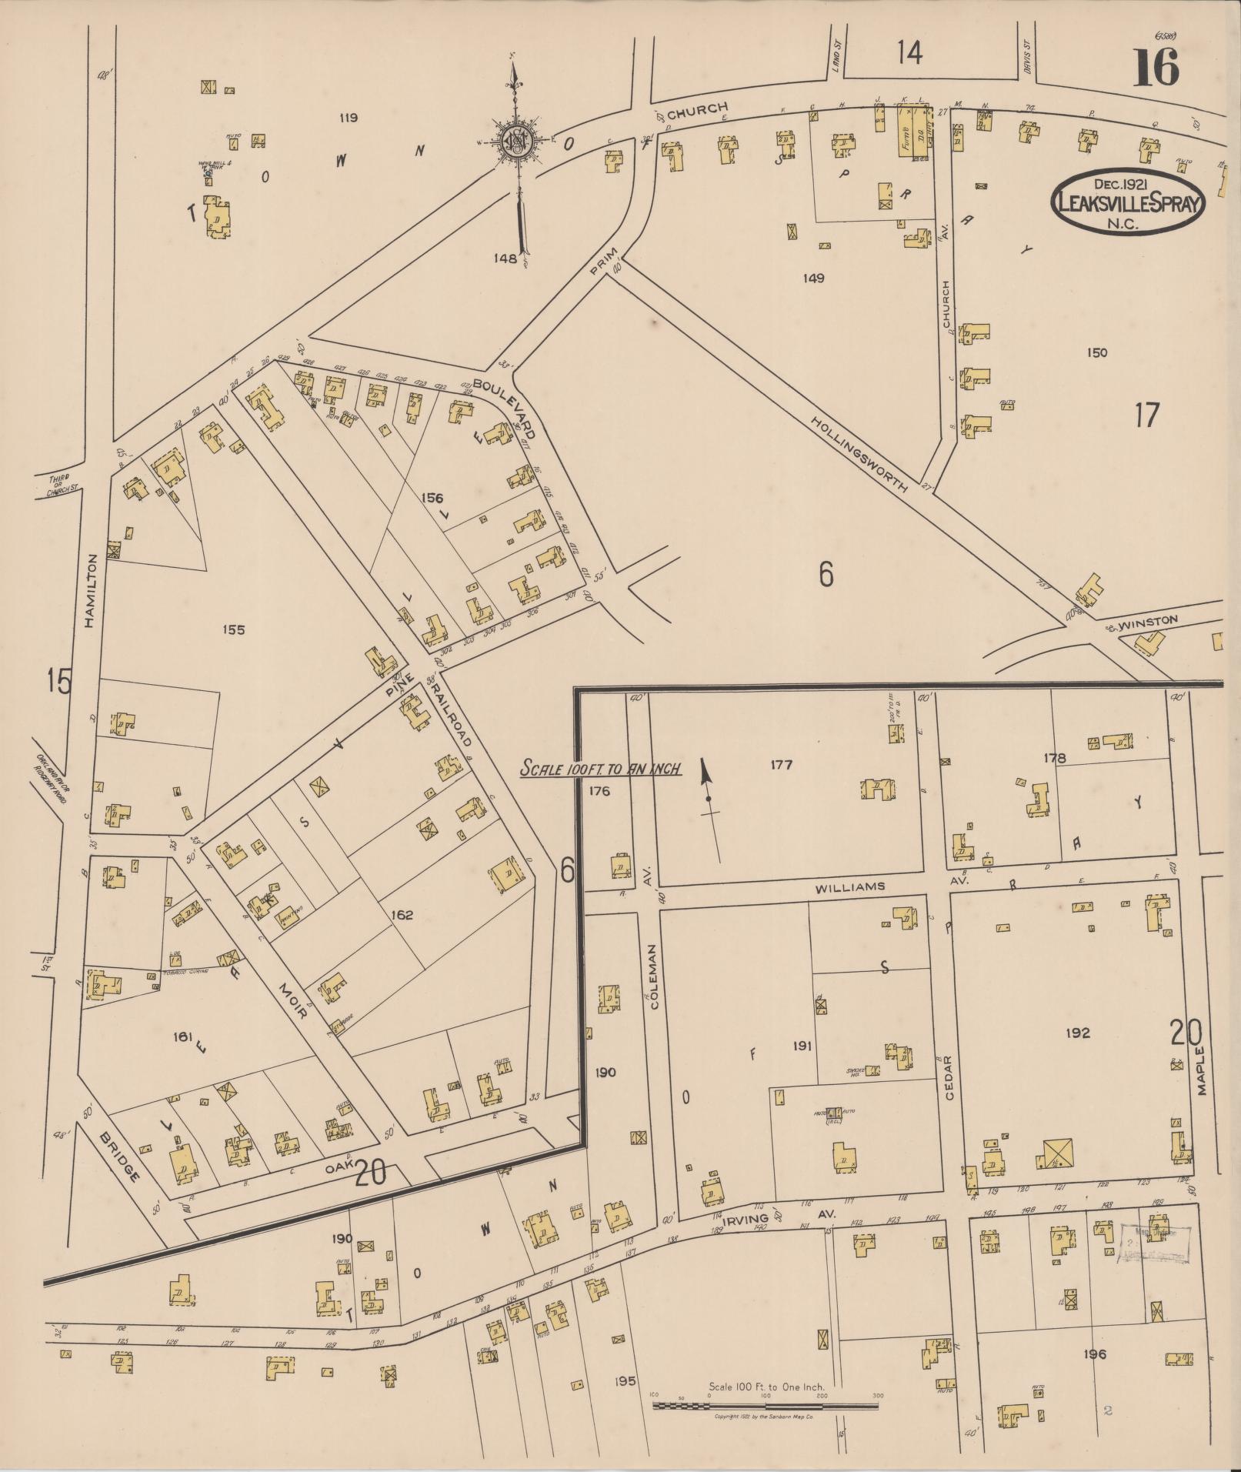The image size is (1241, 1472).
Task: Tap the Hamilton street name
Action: pyautogui.click(x=91, y=592)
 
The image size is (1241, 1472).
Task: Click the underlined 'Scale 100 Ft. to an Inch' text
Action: pyautogui.click(x=600, y=767)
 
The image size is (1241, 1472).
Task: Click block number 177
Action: pyautogui.click(x=780, y=764)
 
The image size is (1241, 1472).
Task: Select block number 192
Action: pyautogui.click(x=1077, y=1033)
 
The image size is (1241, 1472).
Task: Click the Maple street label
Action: pyautogui.click(x=1203, y=1071)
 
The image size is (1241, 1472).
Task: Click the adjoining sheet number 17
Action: pyautogui.click(x=1146, y=416)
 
